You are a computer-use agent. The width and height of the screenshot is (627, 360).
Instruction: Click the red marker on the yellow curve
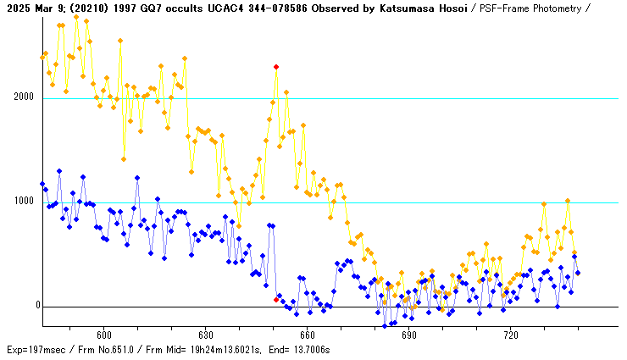click(276, 66)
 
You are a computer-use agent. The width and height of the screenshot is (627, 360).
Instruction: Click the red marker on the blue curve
click(276, 299)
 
